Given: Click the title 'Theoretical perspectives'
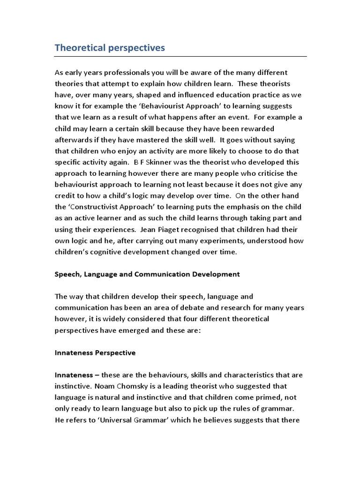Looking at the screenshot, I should [x=110, y=48].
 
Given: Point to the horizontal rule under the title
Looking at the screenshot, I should [x=180, y=57].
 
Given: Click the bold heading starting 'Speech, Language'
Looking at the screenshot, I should [x=147, y=274].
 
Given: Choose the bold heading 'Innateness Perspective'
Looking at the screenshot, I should [x=95, y=352].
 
